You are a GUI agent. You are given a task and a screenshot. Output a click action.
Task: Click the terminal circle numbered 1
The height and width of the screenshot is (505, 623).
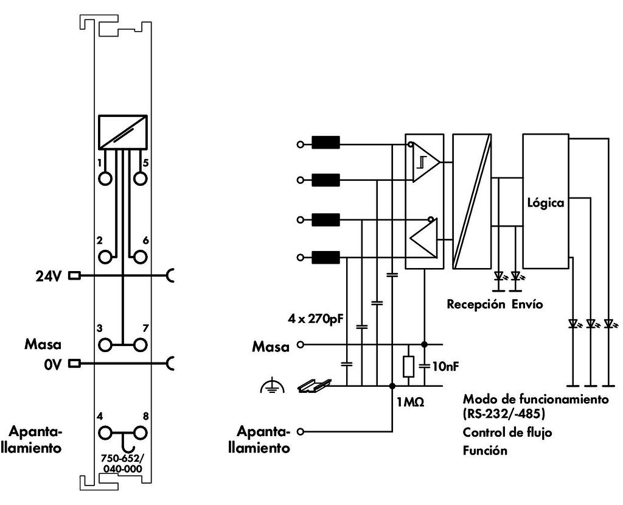[x=105, y=178]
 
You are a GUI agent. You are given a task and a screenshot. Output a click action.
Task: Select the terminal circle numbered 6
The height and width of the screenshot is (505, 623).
[x=140, y=257]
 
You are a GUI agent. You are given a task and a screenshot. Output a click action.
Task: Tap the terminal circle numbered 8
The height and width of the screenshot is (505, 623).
[x=140, y=433]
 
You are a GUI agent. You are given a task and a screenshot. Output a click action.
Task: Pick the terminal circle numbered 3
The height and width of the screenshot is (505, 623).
[x=105, y=345]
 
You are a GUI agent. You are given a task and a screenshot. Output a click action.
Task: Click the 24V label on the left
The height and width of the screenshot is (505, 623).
[x=49, y=276]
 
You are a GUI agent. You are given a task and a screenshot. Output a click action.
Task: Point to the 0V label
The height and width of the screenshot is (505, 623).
[x=53, y=364]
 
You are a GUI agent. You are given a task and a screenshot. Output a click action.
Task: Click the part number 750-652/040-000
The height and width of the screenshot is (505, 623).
[x=122, y=464]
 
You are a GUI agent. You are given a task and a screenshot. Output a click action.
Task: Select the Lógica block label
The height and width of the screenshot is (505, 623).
[x=546, y=203]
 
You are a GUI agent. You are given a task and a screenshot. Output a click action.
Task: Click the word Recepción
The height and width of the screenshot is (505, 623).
[x=476, y=305]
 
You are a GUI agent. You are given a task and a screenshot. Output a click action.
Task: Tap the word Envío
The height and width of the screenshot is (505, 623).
[x=527, y=305]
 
